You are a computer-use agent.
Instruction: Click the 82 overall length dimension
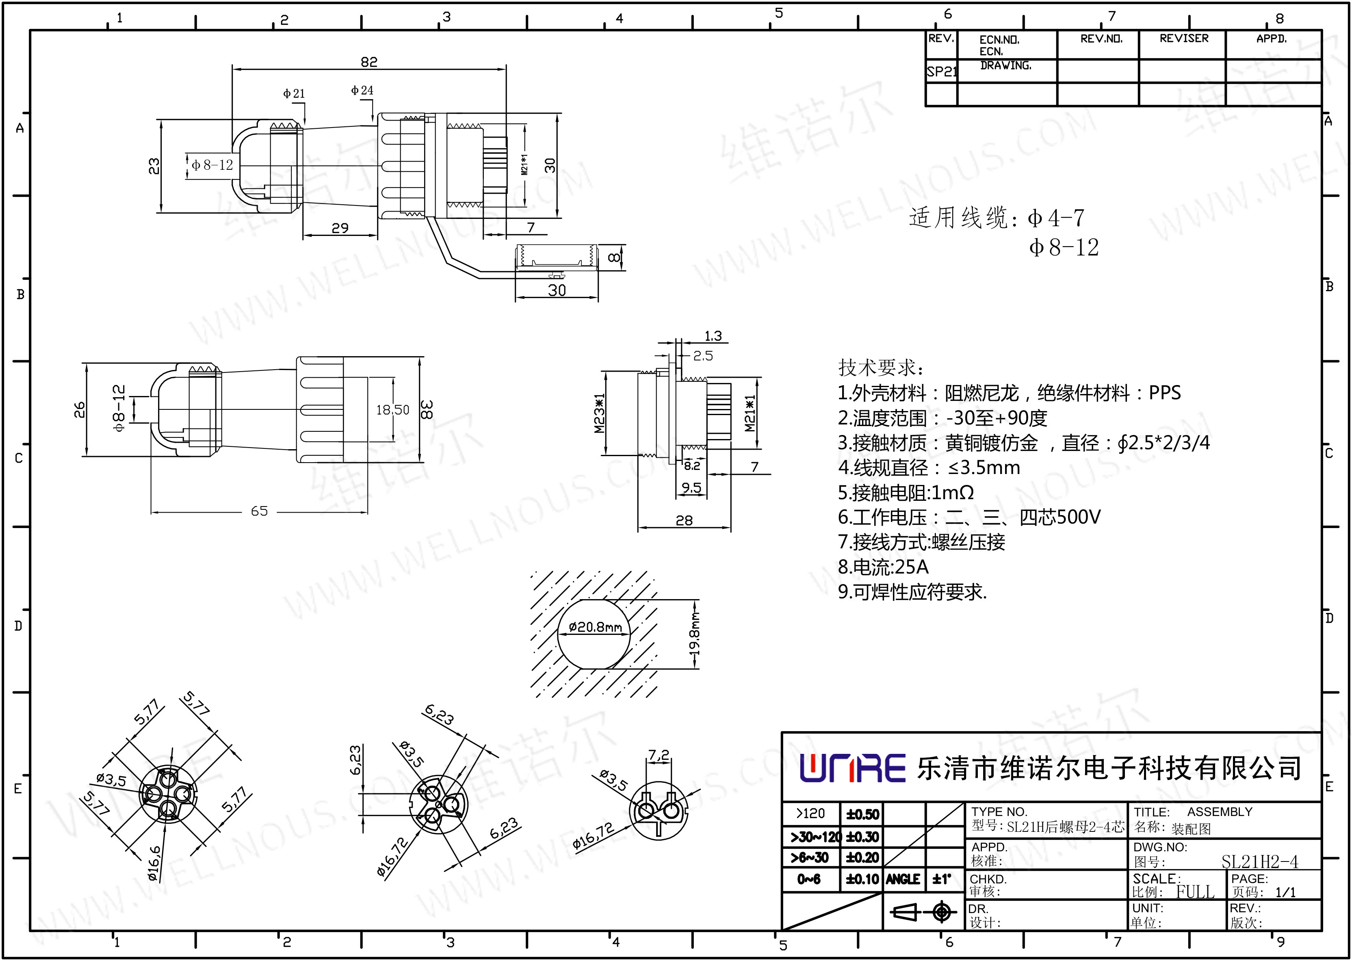(368, 62)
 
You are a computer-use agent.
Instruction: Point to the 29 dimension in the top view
(340, 228)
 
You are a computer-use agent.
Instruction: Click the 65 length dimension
(259, 511)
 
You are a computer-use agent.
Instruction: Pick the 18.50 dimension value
(392, 409)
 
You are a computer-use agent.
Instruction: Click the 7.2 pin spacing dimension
(658, 755)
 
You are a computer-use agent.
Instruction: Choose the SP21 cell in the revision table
(941, 71)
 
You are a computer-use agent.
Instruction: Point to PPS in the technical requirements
(1164, 393)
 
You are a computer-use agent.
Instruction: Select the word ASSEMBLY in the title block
(1220, 812)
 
